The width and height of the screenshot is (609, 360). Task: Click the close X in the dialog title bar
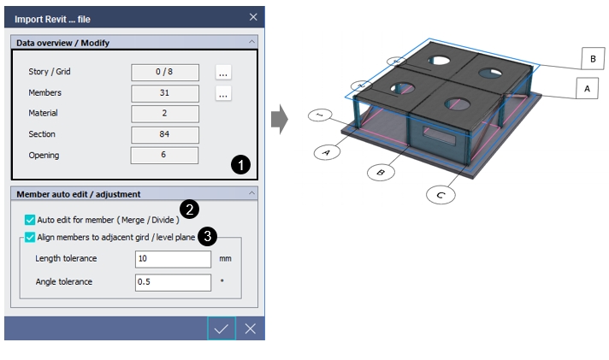253,16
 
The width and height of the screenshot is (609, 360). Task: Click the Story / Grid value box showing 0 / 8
164,73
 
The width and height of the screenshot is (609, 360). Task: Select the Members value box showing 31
164,93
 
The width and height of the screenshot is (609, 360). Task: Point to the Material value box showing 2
164,114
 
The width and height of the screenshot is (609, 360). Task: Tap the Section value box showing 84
164,134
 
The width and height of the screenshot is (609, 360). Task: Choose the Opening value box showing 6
164,155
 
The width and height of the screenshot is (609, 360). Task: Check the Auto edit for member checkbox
31,220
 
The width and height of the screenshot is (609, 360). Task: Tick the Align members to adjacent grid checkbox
31,238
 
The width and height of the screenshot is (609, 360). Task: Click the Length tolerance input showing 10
173,259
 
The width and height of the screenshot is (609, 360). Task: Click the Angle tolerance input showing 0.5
173,282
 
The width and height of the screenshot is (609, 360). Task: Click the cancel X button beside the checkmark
250,329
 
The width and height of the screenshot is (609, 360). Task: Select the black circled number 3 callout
207,233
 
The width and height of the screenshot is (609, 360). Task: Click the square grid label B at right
592,59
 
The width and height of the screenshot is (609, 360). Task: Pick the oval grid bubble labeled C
440,196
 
